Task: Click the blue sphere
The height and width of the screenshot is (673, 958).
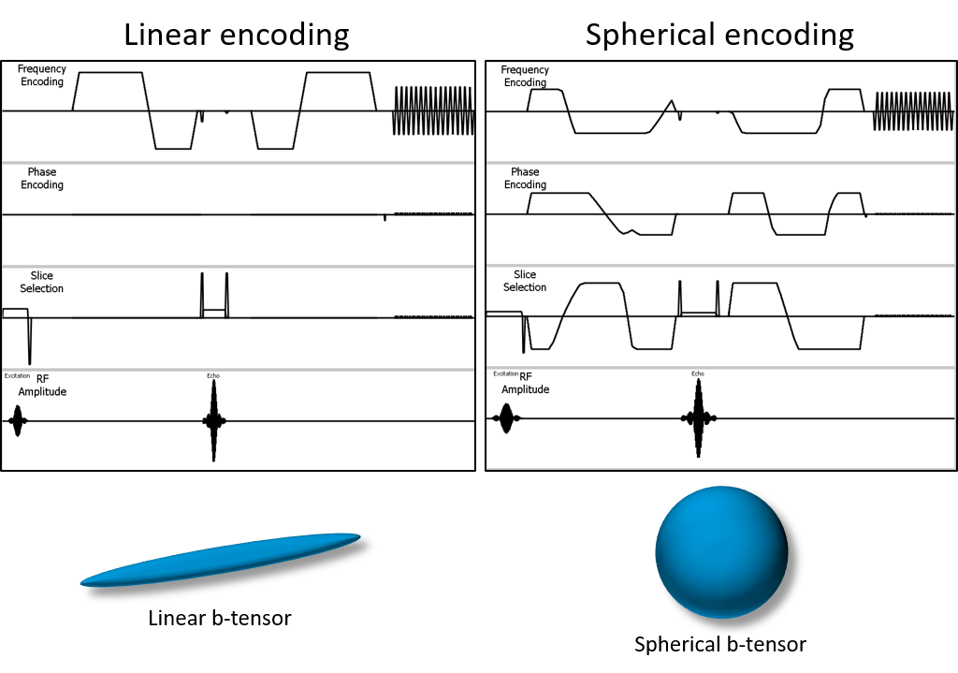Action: [x=720, y=552]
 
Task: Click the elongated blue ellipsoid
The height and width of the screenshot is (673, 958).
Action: [x=221, y=559]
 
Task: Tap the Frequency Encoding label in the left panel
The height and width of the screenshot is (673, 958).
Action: [x=42, y=75]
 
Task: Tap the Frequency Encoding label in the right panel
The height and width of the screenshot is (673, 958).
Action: [x=525, y=76]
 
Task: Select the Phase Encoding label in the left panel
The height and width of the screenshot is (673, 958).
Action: [x=42, y=178]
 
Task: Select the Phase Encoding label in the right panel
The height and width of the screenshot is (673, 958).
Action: [x=525, y=178]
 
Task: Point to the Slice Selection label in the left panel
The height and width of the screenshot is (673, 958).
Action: [x=42, y=282]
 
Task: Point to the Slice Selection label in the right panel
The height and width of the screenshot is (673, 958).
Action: [x=525, y=281]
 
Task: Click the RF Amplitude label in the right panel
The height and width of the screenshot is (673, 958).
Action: [x=525, y=384]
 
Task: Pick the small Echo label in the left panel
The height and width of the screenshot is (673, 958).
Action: [x=213, y=376]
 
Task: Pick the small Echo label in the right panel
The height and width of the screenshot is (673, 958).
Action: [x=698, y=373]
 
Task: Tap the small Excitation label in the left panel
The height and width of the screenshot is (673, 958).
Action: [x=17, y=376]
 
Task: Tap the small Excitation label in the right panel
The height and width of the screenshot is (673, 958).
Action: [x=505, y=373]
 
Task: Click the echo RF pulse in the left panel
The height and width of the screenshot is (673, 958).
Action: [x=213, y=421]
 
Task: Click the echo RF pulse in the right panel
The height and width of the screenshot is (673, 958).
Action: [x=698, y=418]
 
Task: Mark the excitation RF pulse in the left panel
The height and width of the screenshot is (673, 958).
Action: [x=17, y=421]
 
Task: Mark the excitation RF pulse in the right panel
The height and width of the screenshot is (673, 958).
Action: [x=506, y=418]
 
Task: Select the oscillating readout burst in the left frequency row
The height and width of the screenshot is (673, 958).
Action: [x=433, y=110]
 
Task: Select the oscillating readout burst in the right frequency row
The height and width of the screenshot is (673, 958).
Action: [x=913, y=111]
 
